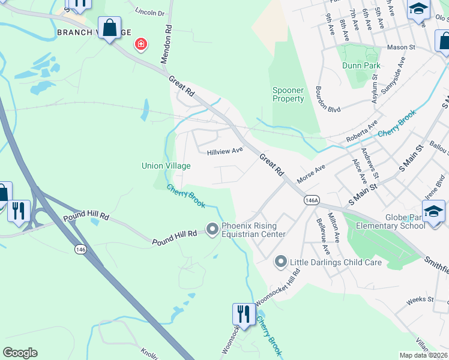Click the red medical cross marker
pyautogui.click(x=141, y=44)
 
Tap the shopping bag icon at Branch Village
pyautogui.click(x=109, y=28)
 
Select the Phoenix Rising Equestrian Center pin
pyautogui.click(x=212, y=229)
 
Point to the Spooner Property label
pyautogui.click(x=288, y=94)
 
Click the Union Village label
pyautogui.click(x=166, y=166)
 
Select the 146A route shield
pyautogui.click(x=311, y=201)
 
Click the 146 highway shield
pyautogui.click(x=80, y=248)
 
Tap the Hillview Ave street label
pyautogui.click(x=224, y=152)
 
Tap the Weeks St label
pyautogui.click(x=420, y=299)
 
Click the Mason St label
pyautogui.click(x=401, y=47)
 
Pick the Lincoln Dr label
pyautogui.click(x=149, y=11)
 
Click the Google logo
pyautogui.click(x=20, y=353)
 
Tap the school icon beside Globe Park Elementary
pyautogui.click(x=433, y=212)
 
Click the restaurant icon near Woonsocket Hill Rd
pyautogui.click(x=244, y=314)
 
